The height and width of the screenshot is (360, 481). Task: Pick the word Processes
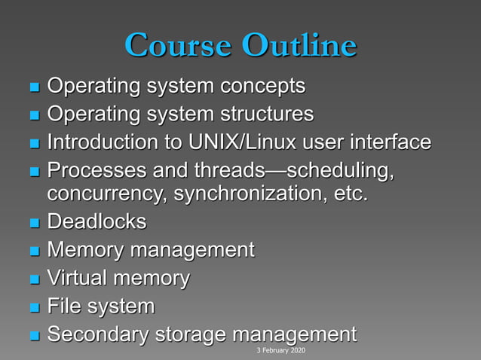(x=92, y=169)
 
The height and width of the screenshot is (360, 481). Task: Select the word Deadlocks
(x=97, y=222)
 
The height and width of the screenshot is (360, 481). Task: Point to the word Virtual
(x=78, y=278)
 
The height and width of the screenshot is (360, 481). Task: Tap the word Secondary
(x=97, y=334)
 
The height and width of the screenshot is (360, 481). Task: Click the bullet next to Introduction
(x=33, y=143)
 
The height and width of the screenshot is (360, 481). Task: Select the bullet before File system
(x=33, y=307)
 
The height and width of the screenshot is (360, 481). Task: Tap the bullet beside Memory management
(x=33, y=252)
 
